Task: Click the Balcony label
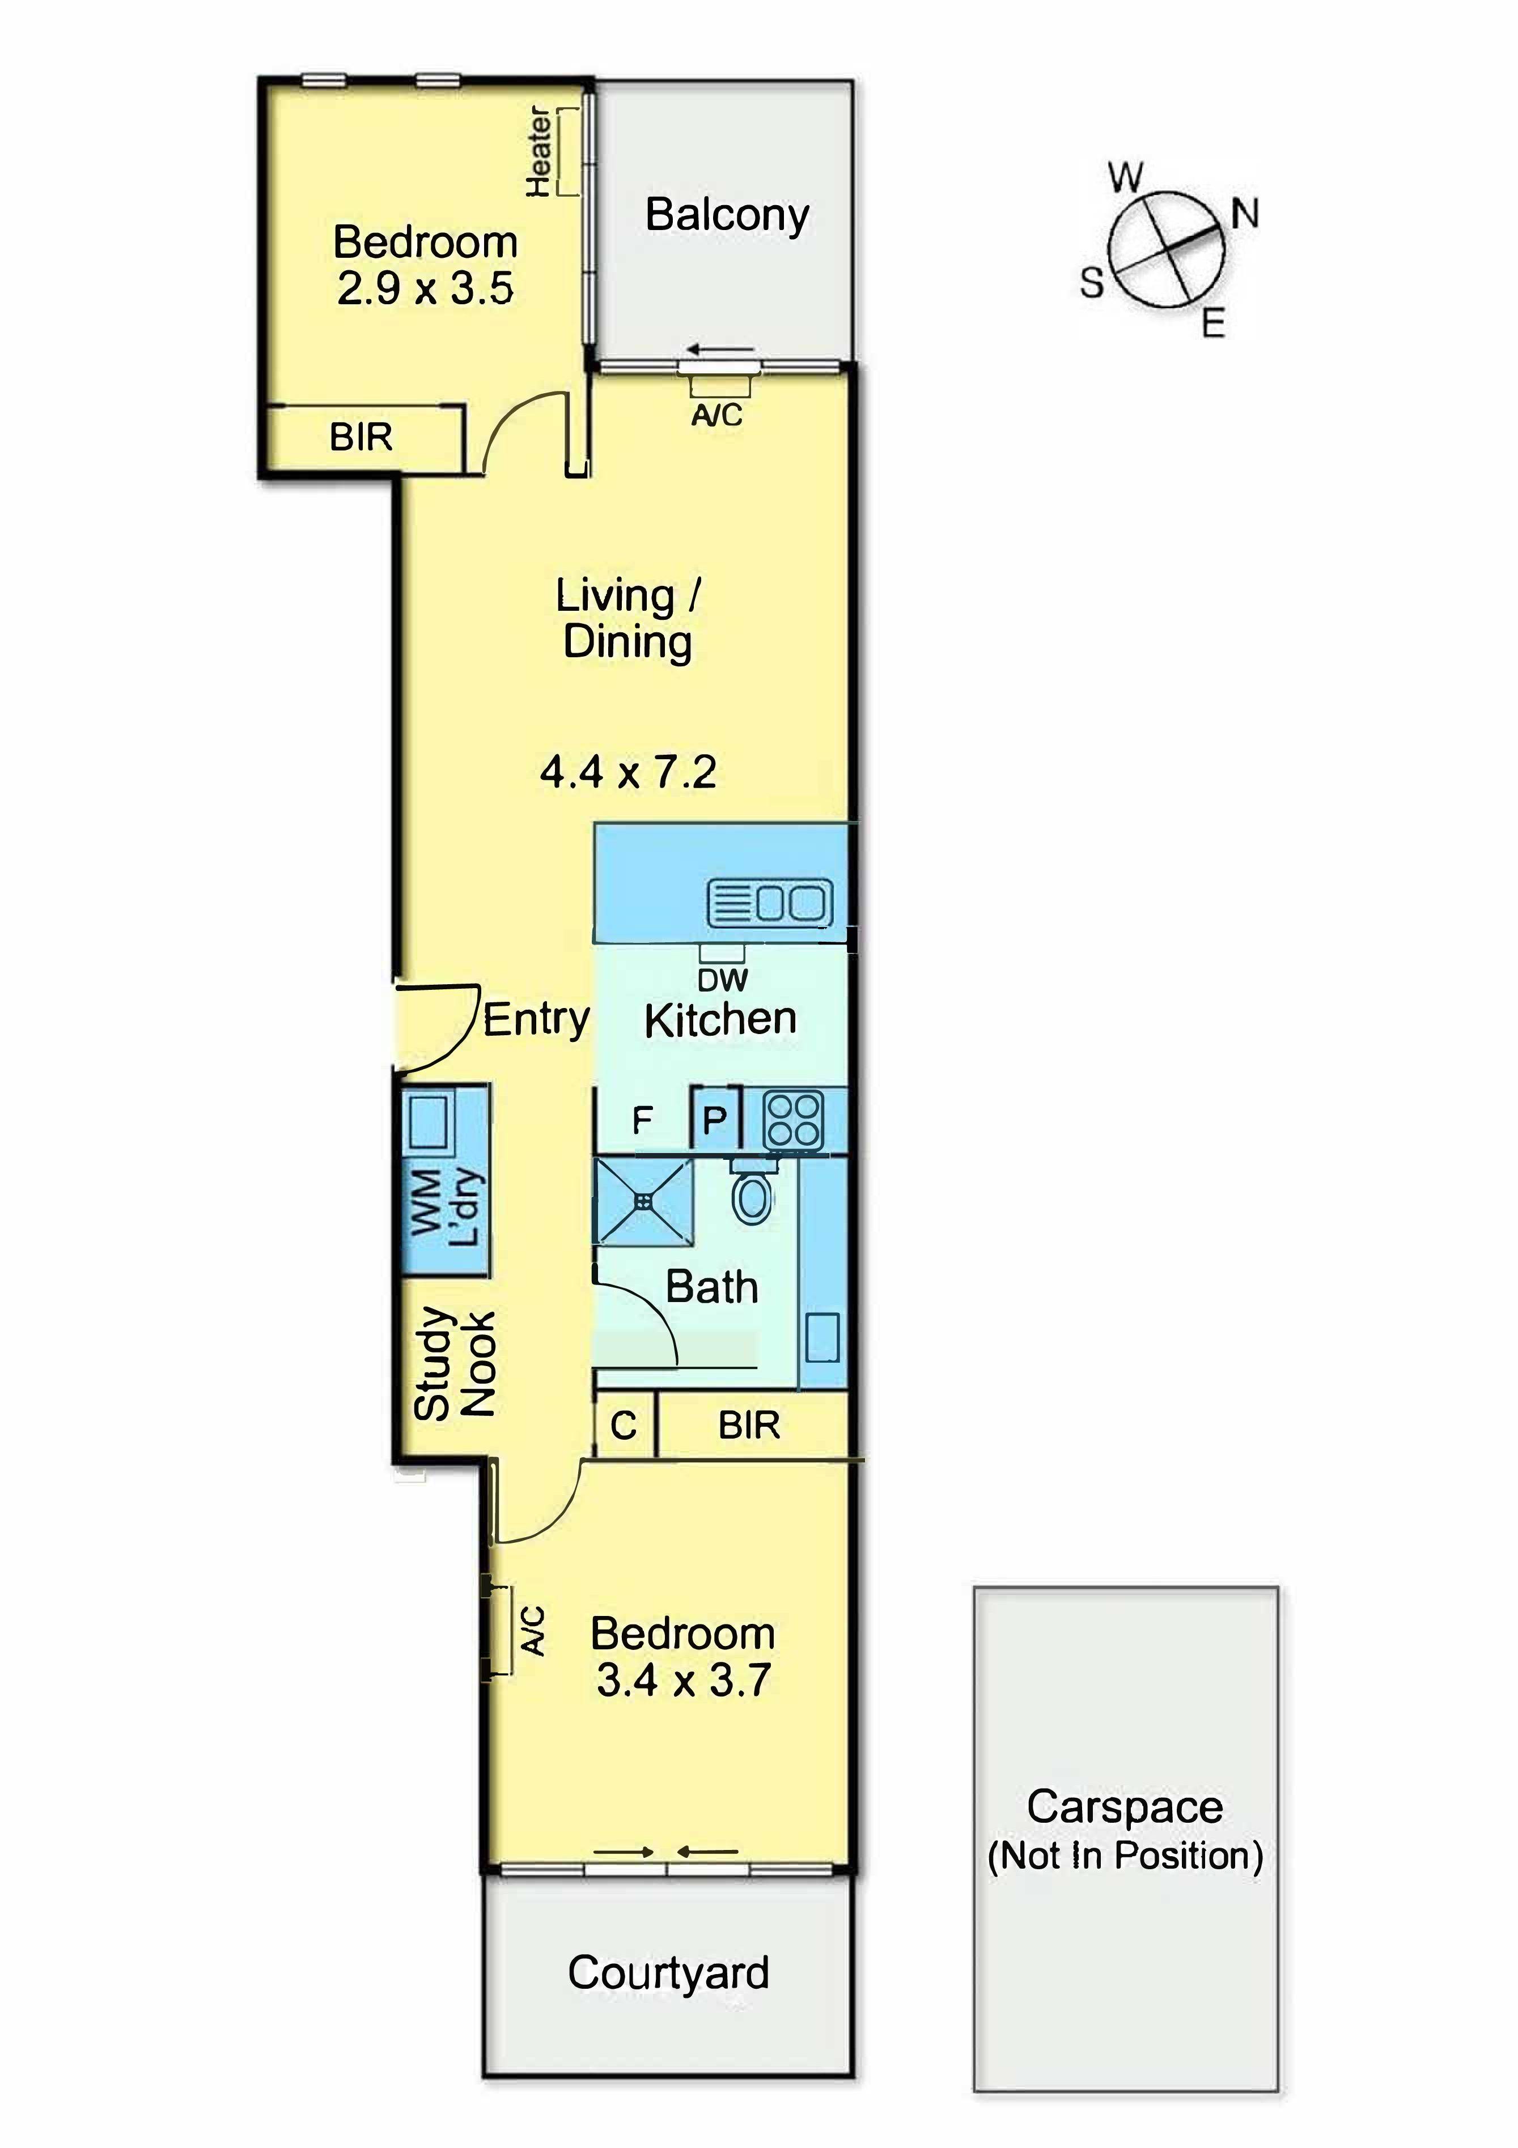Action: pyautogui.click(x=727, y=216)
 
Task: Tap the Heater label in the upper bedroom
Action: pyautogui.click(x=539, y=152)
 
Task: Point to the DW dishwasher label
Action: pyautogui.click(x=723, y=980)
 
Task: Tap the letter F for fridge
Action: pyautogui.click(x=642, y=1120)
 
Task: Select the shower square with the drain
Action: pyautogui.click(x=644, y=1202)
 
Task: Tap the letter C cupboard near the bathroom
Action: pyautogui.click(x=624, y=1426)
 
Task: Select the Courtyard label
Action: pyautogui.click(x=668, y=1973)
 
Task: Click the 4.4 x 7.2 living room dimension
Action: pyautogui.click(x=628, y=772)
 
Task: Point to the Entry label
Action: pyautogui.click(x=536, y=1019)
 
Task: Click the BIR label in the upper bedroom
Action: pyautogui.click(x=361, y=437)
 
